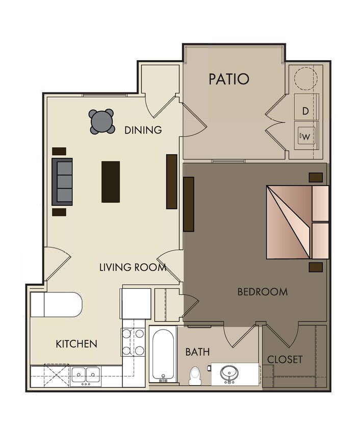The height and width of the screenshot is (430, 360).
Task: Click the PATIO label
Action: pos(229,79)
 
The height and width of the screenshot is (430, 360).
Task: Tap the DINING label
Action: pos(143,130)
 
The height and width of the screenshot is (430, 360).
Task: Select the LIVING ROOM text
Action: pos(133,267)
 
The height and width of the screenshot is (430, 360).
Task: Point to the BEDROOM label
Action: pos(263,292)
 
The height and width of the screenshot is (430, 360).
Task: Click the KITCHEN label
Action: pos(76,344)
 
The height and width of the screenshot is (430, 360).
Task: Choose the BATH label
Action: pos(198,352)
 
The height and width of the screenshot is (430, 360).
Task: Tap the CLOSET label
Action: pos(285,359)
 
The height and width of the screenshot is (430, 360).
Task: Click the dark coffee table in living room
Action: pos(111,181)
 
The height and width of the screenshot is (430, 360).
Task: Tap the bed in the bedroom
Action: pos(296,222)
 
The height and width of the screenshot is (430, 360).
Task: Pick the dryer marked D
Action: pos(305,111)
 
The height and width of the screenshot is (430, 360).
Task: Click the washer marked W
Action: pos(306,136)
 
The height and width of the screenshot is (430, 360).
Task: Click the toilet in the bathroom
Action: pos(194,376)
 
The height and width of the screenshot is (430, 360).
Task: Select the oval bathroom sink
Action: pos(229,373)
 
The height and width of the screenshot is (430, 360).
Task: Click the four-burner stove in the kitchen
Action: pos(133,342)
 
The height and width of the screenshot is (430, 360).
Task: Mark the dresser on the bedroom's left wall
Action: pos(189,204)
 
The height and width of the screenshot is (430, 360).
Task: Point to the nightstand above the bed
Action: pos(316,177)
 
